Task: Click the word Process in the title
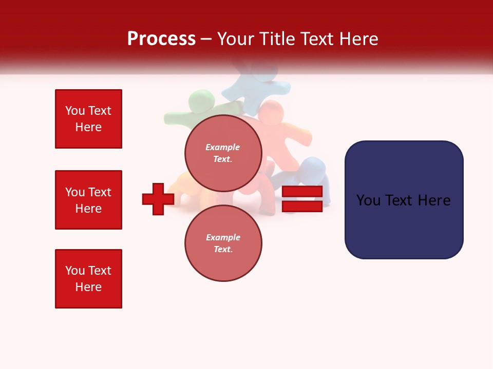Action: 161,39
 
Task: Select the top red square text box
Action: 88,119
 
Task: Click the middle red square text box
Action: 88,200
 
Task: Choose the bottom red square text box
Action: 88,279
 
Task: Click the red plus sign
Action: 158,199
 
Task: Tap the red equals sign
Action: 302,199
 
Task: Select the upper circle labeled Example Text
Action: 223,153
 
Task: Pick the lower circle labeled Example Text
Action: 223,243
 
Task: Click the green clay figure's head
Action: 201,100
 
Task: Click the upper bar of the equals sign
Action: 302,192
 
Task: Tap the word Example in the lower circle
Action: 223,237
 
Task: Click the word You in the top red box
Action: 75,111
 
